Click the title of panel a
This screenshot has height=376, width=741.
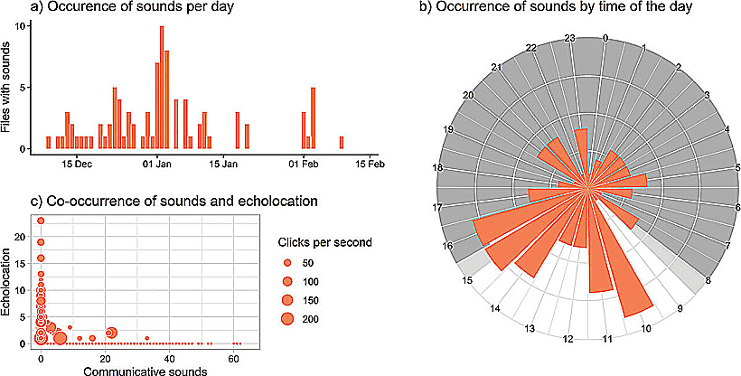click(86, 10)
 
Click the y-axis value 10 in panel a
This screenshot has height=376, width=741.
click(26, 27)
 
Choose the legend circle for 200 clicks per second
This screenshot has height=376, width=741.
click(288, 318)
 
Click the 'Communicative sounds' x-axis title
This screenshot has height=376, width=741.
click(136, 370)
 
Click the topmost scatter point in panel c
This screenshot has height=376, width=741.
click(41, 220)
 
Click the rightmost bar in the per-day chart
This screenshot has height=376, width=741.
click(342, 142)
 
